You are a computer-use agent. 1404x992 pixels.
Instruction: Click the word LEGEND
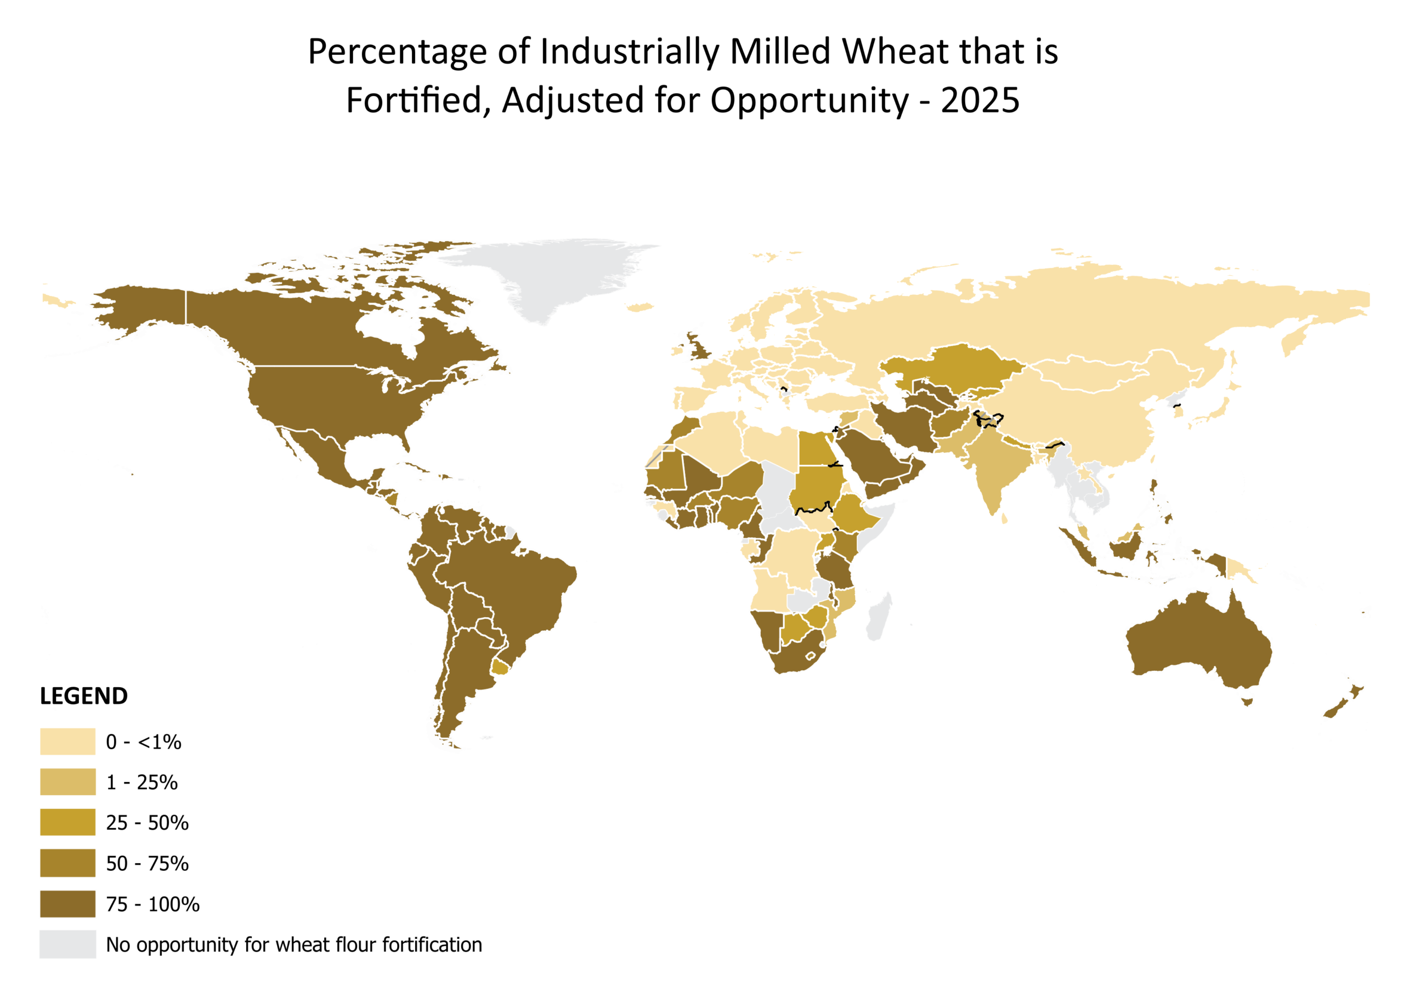(x=84, y=695)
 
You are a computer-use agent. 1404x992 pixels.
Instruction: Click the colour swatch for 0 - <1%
(x=68, y=742)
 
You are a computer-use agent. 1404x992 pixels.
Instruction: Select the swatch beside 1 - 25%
(x=68, y=782)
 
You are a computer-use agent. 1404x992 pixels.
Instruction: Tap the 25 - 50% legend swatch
(x=68, y=822)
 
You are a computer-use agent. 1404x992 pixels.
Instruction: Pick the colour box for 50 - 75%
(x=68, y=863)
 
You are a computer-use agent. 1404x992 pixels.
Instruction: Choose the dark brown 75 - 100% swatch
(x=68, y=904)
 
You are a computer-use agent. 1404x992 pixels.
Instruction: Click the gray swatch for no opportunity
(x=68, y=944)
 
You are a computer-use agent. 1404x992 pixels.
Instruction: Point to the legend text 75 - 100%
(x=153, y=904)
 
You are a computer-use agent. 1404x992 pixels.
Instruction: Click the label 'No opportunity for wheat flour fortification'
(x=294, y=945)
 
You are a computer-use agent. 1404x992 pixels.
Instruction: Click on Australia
(x=1198, y=648)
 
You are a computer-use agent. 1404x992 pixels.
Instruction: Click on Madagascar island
(x=878, y=617)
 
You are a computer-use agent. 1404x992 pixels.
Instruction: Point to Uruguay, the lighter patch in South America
(x=500, y=668)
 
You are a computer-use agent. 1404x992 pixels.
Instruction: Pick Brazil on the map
(x=507, y=587)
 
